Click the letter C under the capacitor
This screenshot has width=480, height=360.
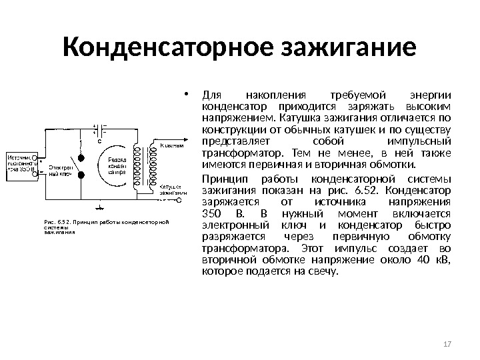coord(100,142)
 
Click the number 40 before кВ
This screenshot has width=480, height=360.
coord(403,261)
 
